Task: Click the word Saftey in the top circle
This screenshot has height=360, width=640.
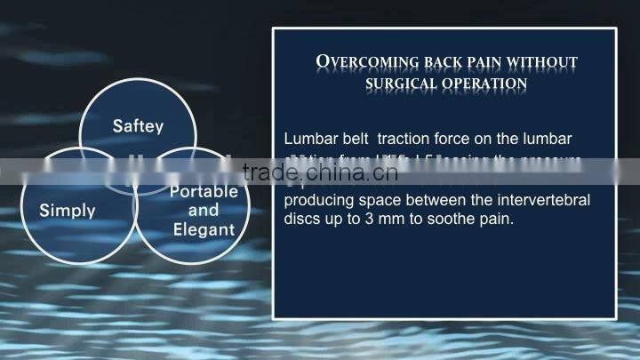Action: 138,126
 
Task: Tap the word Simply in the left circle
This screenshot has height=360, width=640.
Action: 68,212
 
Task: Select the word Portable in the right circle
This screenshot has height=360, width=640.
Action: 204,191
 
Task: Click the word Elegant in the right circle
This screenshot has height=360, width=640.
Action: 204,229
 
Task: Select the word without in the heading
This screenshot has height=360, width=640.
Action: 544,62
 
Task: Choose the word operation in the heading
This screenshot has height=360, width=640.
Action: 486,84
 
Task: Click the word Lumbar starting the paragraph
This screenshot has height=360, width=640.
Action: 308,140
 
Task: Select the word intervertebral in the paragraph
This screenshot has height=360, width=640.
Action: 543,200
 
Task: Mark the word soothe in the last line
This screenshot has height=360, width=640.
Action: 453,218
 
